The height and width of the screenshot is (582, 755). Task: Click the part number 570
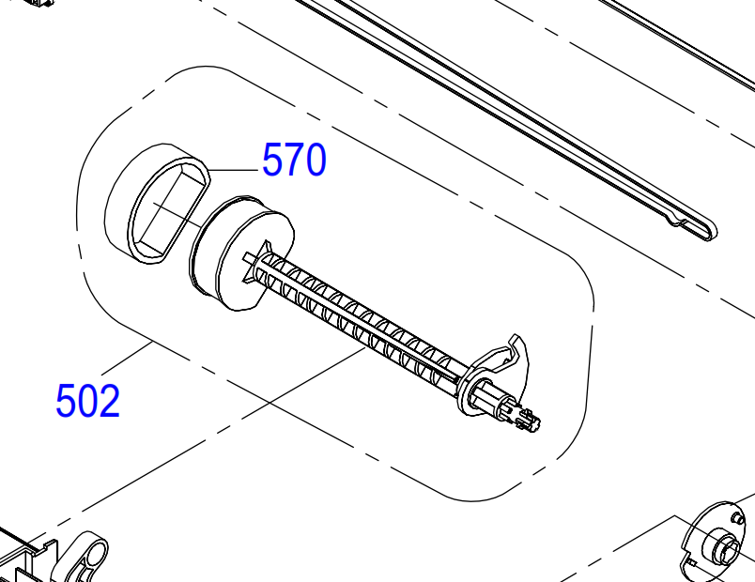click(294, 160)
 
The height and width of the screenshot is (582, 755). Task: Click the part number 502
click(87, 400)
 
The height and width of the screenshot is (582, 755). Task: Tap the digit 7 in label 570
click(294, 160)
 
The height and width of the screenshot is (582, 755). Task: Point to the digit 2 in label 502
click(109, 400)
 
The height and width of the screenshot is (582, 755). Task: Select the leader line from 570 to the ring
click(234, 170)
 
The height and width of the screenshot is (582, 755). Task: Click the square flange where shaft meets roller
click(255, 262)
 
